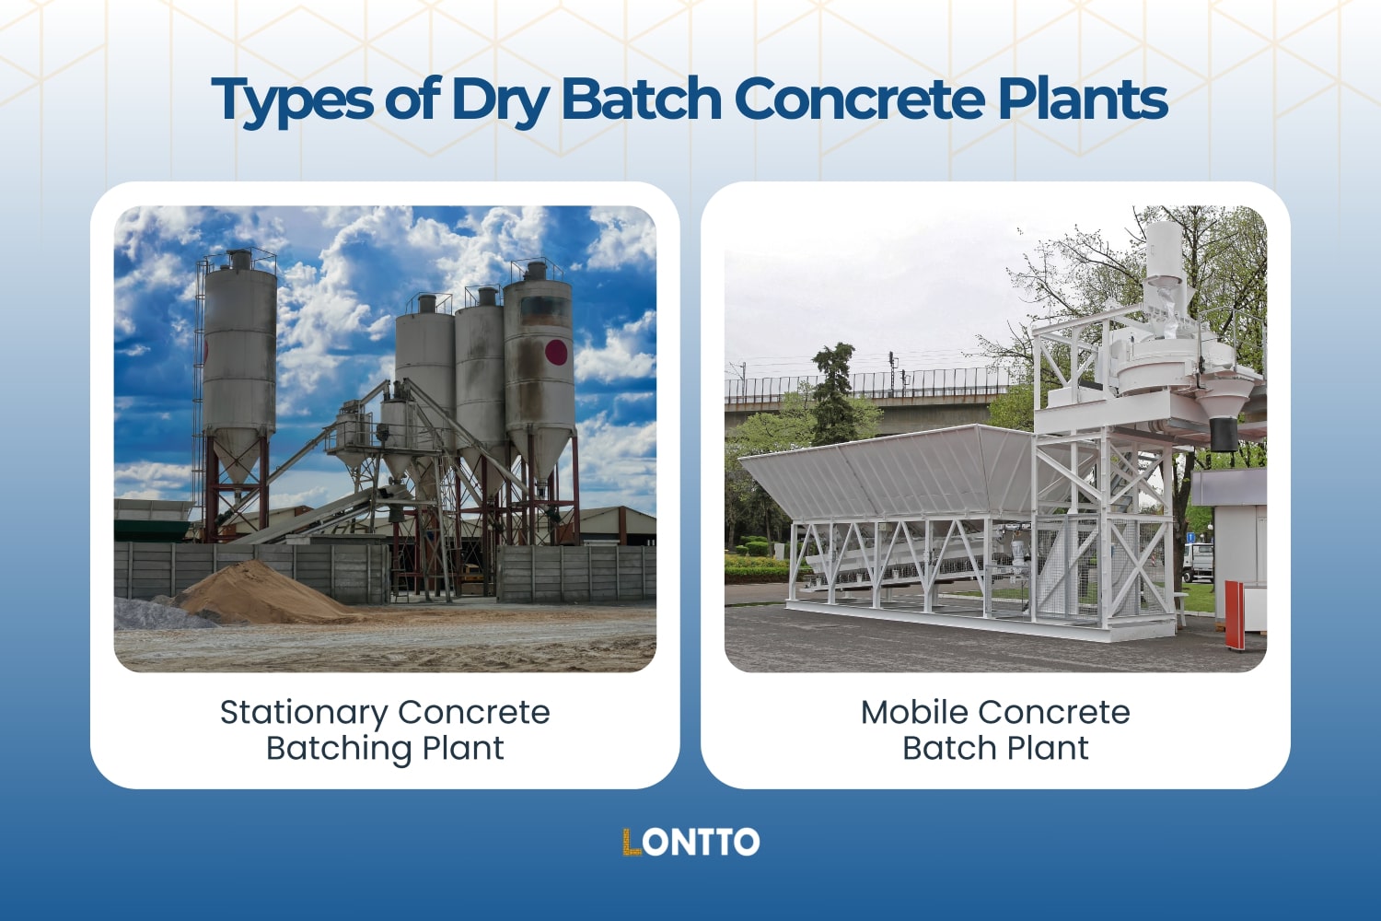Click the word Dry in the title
(x=500, y=99)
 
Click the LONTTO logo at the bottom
(x=690, y=842)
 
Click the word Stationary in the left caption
(x=303, y=713)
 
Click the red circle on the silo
(x=556, y=351)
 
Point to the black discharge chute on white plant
(x=1224, y=433)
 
